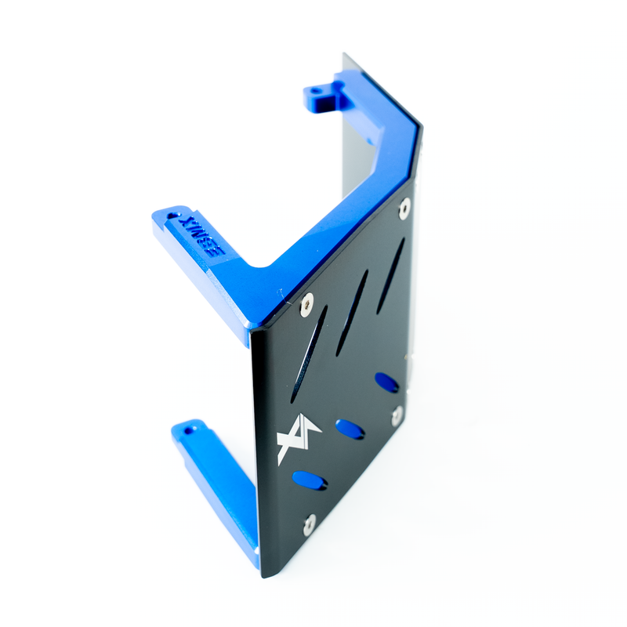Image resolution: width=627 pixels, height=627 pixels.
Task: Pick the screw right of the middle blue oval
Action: coord(397,416)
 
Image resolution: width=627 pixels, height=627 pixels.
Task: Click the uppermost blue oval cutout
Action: coord(386,382)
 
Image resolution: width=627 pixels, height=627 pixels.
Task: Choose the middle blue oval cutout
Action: coord(349,429)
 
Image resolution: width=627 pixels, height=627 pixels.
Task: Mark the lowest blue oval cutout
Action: coord(308,480)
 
